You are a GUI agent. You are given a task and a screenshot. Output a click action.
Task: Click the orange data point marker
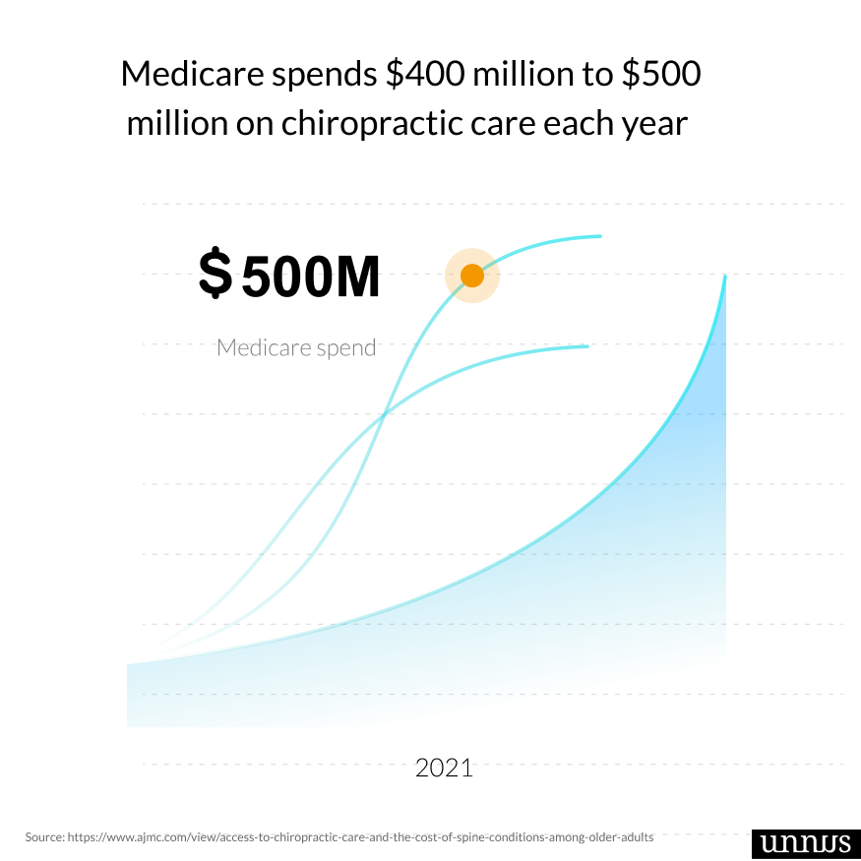coord(472,276)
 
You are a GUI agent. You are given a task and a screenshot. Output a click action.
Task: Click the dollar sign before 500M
coord(215,275)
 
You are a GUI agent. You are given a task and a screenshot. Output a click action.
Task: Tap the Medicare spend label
coord(296,347)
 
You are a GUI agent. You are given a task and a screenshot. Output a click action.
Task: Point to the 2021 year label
coord(444,768)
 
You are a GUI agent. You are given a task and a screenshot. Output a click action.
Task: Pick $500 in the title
coord(661,75)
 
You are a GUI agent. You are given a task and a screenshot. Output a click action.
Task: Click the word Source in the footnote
coord(43,836)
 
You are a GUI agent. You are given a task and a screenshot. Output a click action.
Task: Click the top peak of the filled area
coord(725,277)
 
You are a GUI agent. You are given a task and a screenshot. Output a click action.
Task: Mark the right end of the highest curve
coord(600,236)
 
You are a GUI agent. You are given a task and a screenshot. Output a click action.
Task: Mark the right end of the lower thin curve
coord(587,346)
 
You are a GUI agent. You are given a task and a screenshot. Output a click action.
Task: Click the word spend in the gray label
coord(345,347)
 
